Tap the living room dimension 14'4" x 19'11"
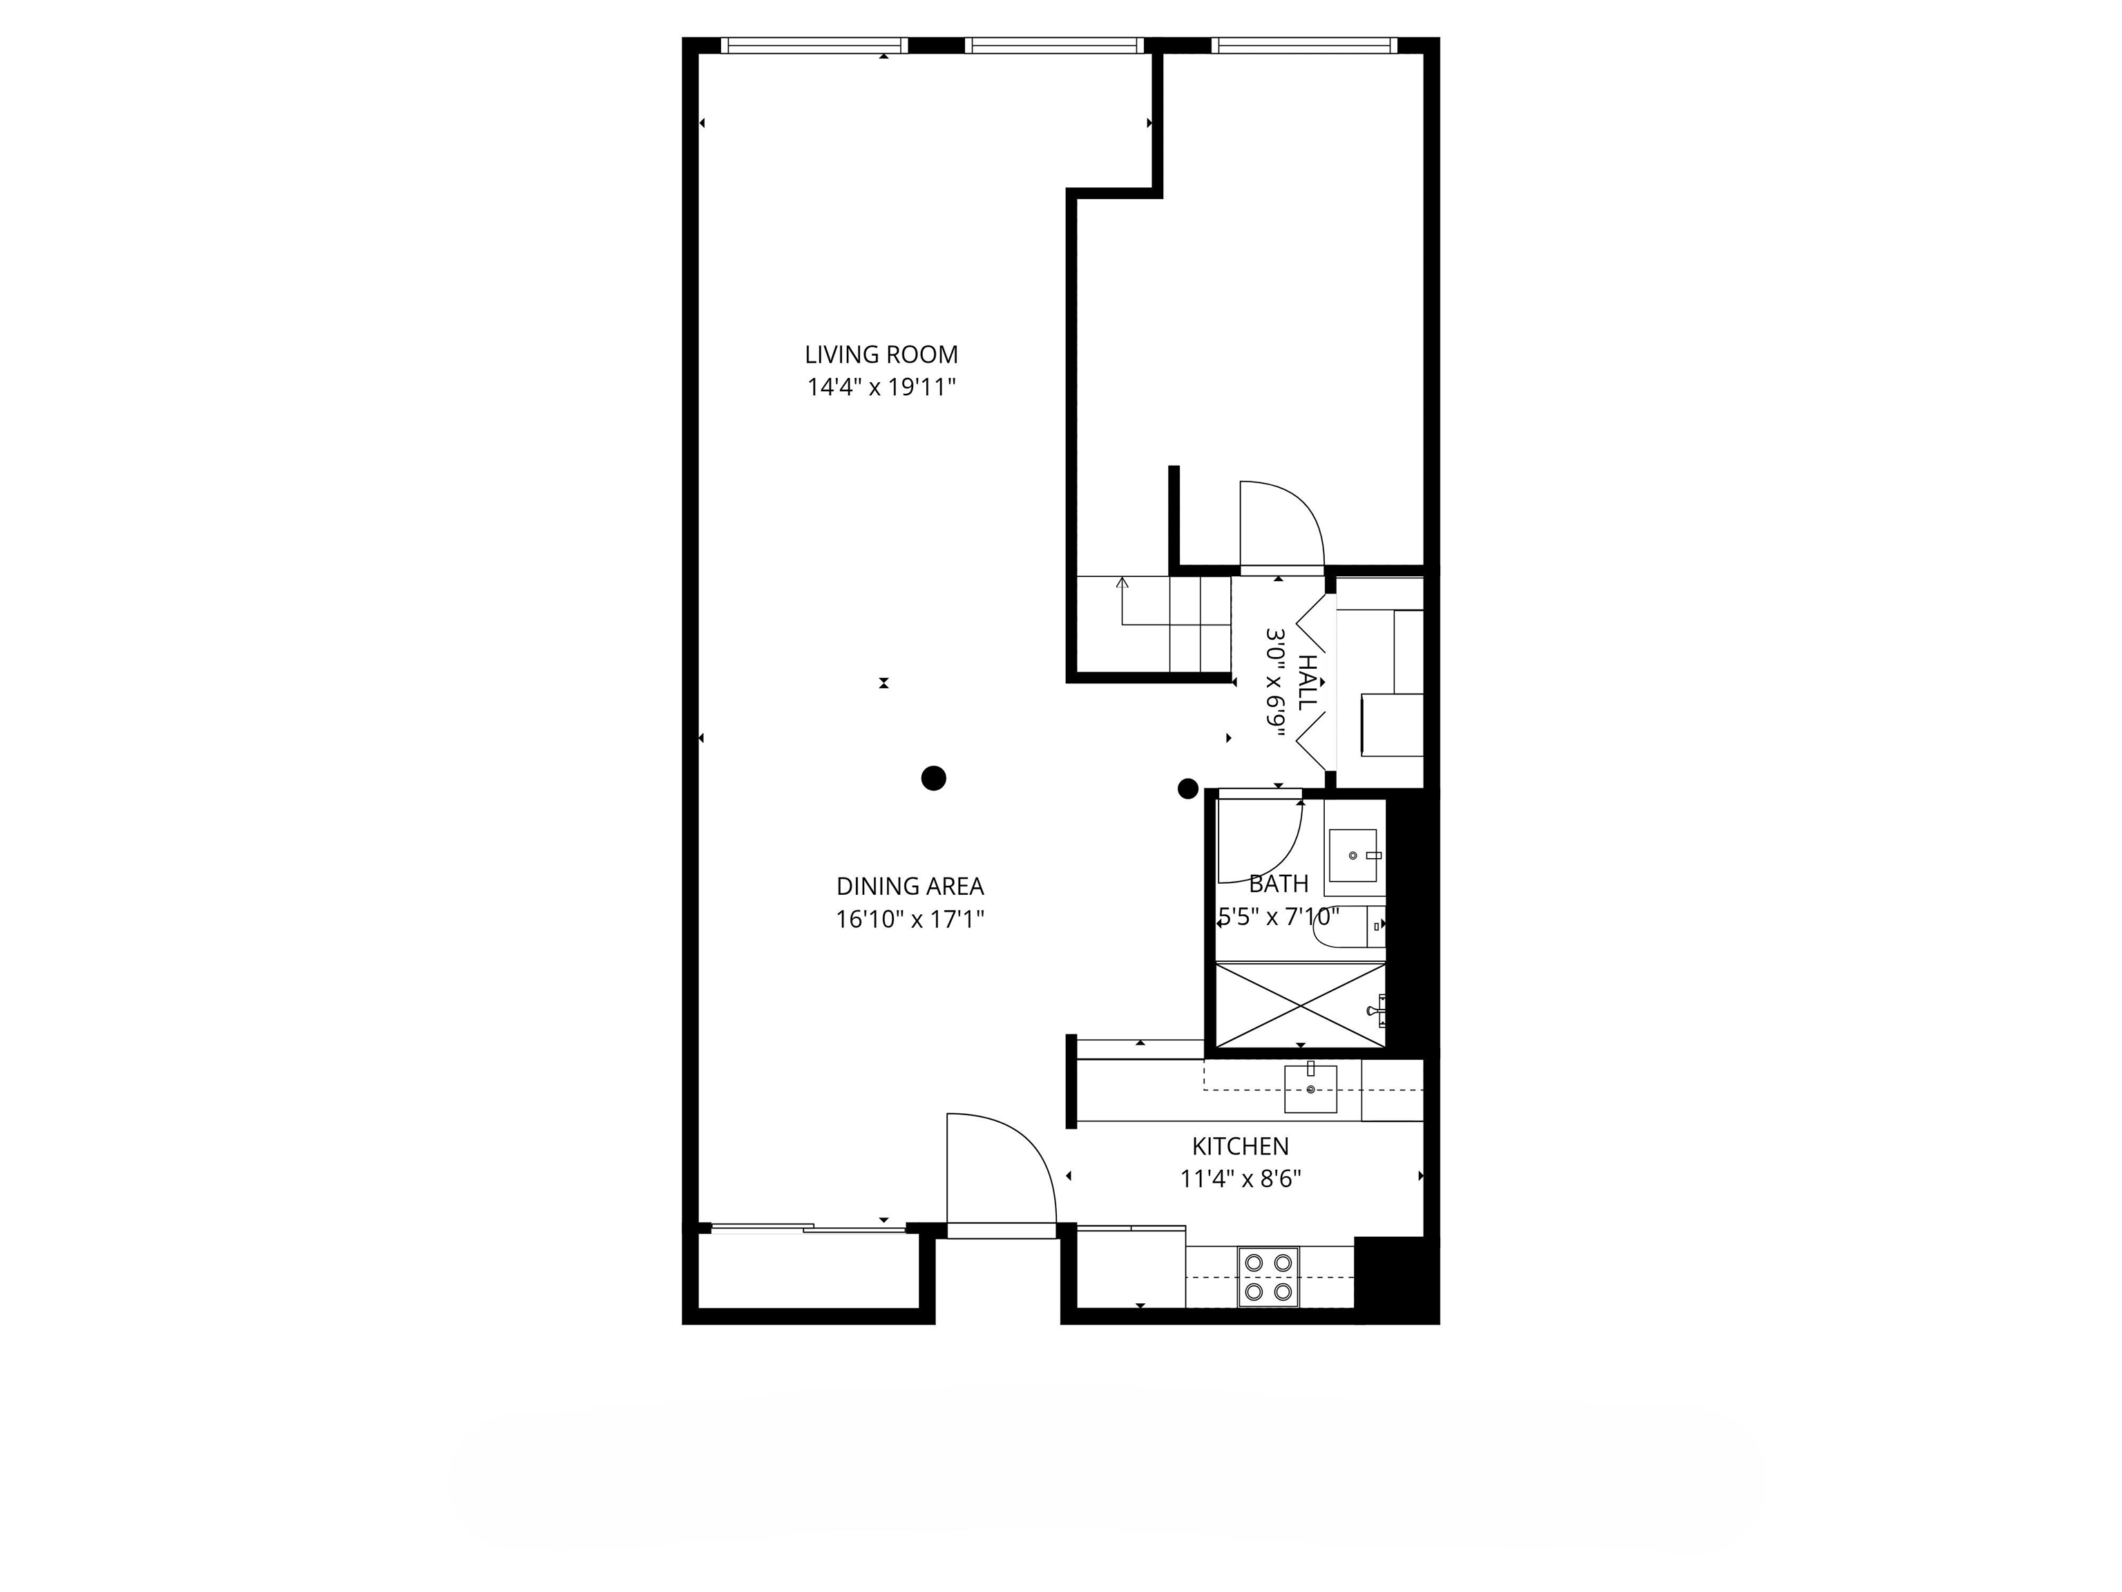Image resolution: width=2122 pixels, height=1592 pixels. [x=881, y=388]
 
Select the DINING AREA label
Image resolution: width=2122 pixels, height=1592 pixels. [x=910, y=887]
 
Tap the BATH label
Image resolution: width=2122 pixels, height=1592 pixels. [x=1278, y=884]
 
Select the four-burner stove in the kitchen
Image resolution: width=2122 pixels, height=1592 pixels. [x=1268, y=1277]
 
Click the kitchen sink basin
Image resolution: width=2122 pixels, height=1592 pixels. [x=1310, y=1089]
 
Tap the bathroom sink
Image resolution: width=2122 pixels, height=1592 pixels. [x=1352, y=855]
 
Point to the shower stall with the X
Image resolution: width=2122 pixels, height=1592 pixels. [x=1300, y=1005]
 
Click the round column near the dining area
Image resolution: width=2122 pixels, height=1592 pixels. [x=933, y=778]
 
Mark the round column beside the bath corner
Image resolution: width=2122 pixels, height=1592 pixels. [x=1187, y=789]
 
